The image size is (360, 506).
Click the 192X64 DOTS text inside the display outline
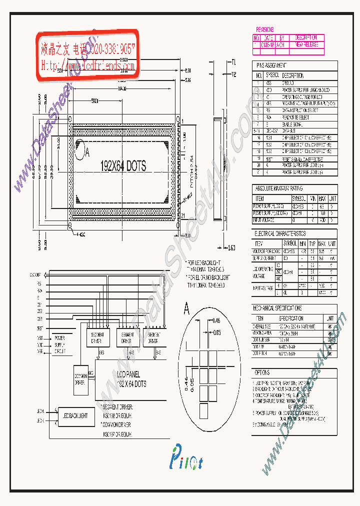tap(123, 166)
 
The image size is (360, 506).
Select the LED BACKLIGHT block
tap(74, 415)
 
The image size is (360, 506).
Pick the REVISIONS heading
tap(265, 30)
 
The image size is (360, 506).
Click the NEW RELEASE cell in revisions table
tap(306, 44)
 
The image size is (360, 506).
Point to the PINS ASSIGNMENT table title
tap(272, 65)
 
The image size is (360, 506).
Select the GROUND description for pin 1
tap(288, 83)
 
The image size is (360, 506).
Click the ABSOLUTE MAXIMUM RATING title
tap(278, 188)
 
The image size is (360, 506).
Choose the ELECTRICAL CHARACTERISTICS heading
tap(280, 233)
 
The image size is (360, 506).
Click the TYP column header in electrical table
tap(311, 243)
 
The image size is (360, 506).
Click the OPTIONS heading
tap(262, 372)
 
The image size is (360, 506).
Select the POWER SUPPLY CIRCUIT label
tap(59, 344)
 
